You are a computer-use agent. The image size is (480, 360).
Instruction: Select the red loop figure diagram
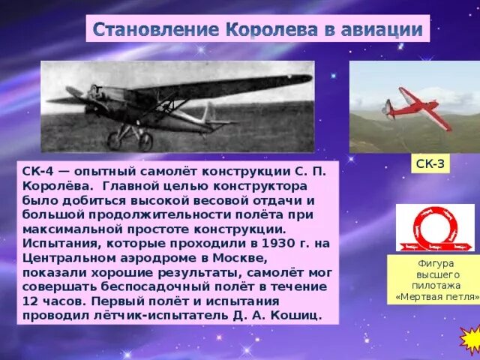pos(435,227)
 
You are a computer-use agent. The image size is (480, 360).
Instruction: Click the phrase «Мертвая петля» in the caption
pos(436,297)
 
